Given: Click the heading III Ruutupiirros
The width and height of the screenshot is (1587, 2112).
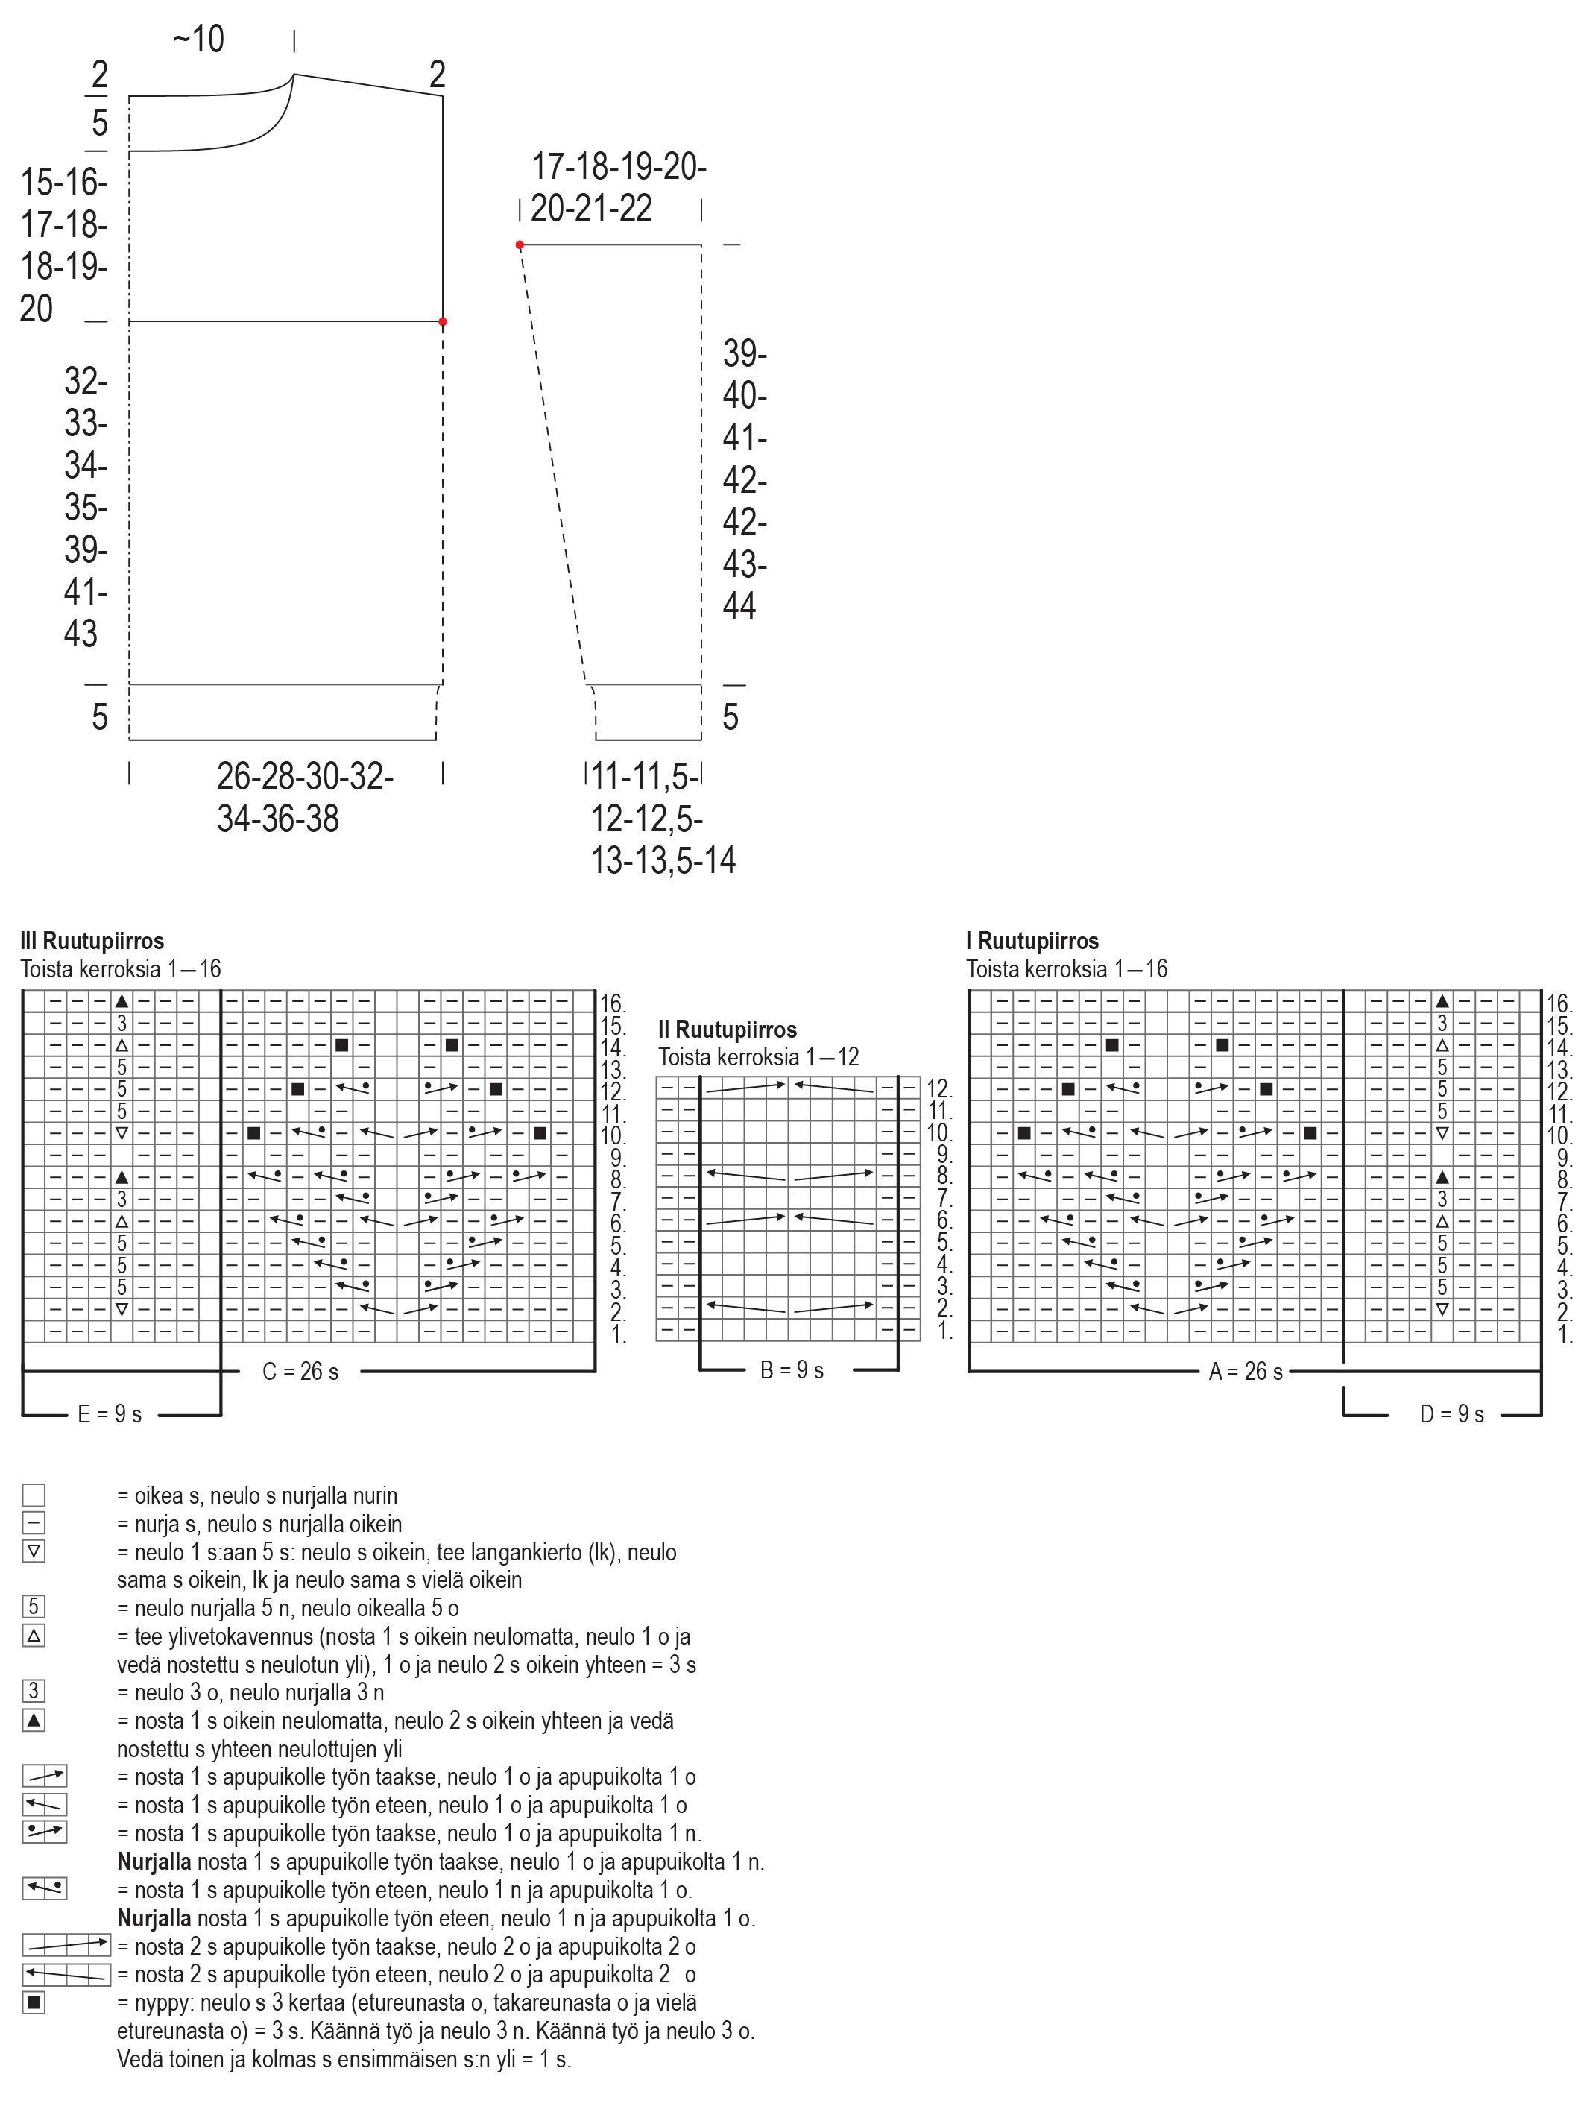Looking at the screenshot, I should (x=92, y=941).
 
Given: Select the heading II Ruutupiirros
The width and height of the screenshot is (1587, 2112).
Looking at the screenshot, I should (x=727, y=1030).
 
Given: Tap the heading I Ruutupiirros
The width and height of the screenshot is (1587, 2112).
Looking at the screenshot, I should (x=1032, y=941).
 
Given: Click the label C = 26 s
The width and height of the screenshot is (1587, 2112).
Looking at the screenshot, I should (x=300, y=1372).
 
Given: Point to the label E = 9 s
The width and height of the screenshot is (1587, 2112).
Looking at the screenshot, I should (x=110, y=1414).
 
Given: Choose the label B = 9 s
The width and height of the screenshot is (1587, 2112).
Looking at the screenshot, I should (x=792, y=1371).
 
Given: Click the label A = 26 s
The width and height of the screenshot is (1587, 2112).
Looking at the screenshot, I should (x=1246, y=1372).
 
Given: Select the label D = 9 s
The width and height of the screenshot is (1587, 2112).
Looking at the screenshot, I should (x=1451, y=1414).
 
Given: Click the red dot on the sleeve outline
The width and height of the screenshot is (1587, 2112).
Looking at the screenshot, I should (x=520, y=245).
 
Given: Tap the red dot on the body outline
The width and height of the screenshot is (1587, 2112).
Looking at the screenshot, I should (x=442, y=322).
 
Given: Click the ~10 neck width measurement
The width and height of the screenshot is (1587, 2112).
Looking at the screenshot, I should (x=198, y=40).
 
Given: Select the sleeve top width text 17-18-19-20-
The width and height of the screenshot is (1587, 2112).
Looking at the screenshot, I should (x=619, y=167).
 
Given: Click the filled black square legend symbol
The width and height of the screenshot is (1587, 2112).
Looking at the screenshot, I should (x=34, y=2002).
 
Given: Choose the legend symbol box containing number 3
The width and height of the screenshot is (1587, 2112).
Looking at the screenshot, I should (x=34, y=1691).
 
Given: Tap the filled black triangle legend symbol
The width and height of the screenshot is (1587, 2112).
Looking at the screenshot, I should (x=34, y=1721).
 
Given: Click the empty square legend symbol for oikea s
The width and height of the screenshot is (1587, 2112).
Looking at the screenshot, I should (x=34, y=1495).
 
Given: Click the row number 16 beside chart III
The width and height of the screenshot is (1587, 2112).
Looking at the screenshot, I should (x=612, y=1003).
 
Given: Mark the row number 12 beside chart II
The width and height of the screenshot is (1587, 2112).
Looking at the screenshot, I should (x=938, y=1088).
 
